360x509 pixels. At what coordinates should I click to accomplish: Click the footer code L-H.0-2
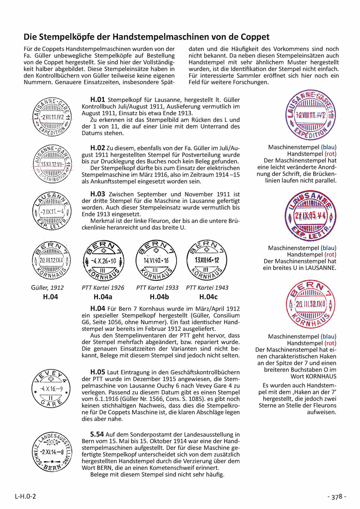[26, 496]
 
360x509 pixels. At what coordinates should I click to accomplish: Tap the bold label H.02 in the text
[98, 147]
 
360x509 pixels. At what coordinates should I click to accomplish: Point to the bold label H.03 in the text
[98, 194]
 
